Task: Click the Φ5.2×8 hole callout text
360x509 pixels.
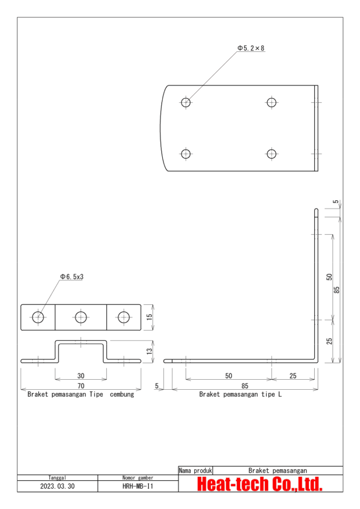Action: (x=251, y=48)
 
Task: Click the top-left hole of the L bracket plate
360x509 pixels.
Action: (x=185, y=102)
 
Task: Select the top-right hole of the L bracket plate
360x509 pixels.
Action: (x=271, y=102)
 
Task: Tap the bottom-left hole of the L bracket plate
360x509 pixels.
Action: (x=185, y=154)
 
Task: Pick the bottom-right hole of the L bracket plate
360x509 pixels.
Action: (x=271, y=154)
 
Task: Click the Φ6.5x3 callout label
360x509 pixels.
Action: (x=72, y=276)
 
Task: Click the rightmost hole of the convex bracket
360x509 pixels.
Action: (x=123, y=317)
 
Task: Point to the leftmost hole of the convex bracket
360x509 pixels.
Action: (x=38, y=317)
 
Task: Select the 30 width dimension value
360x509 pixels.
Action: (x=81, y=376)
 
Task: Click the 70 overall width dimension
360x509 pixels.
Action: (x=81, y=385)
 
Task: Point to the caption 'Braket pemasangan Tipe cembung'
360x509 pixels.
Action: (x=81, y=395)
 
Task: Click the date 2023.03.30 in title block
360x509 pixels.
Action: (x=57, y=487)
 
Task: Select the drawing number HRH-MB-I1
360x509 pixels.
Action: (x=137, y=487)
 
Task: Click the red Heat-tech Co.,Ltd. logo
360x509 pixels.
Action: (x=260, y=484)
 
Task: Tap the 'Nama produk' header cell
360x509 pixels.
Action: (x=195, y=470)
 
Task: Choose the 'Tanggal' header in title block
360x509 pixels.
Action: (x=57, y=477)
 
